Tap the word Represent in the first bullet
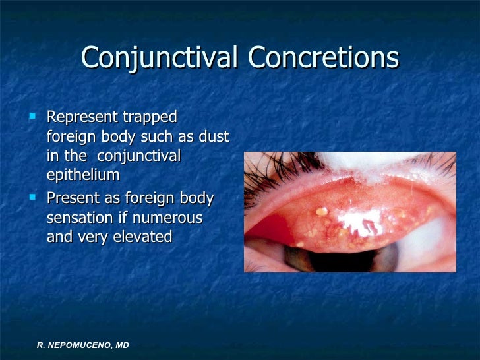point(83,117)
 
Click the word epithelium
point(83,175)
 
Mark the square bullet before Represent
point(34,117)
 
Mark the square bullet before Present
point(34,196)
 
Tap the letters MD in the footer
point(120,345)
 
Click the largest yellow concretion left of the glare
point(321,212)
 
